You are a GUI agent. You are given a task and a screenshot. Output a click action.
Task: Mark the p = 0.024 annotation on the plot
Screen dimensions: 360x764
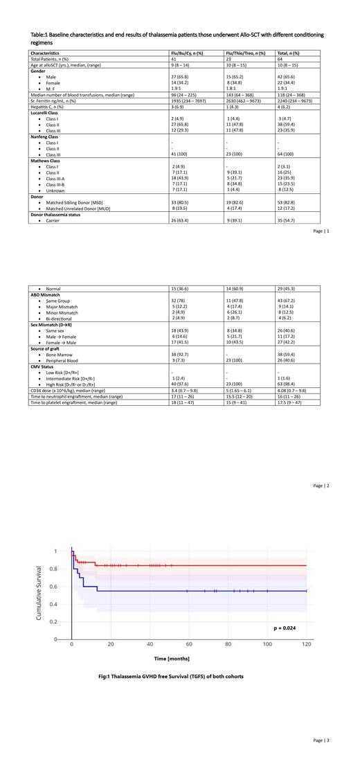coord(287,628)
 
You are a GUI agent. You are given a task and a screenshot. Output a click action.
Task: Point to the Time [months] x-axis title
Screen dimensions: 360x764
coord(172,659)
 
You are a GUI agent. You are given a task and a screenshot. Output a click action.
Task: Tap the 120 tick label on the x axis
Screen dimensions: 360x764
coord(307,645)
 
